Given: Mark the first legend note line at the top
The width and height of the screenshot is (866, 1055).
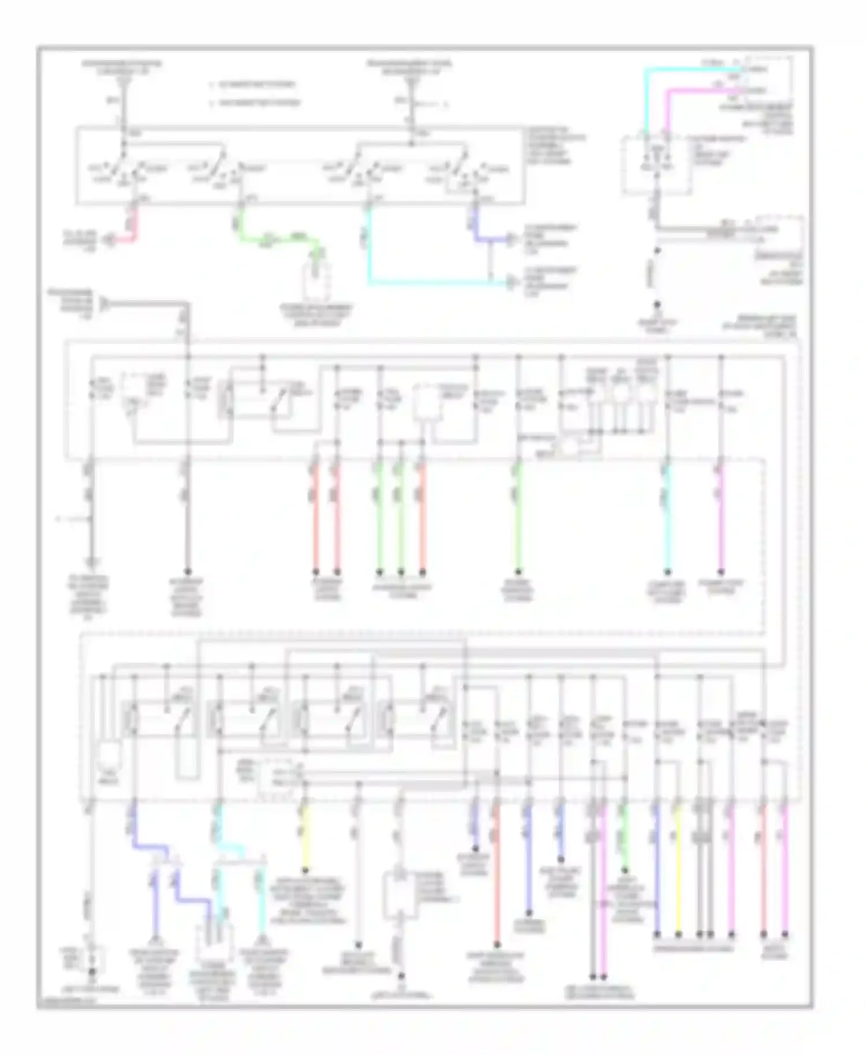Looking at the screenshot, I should pos(254,84).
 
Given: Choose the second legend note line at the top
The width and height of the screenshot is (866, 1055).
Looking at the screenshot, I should pos(257,103).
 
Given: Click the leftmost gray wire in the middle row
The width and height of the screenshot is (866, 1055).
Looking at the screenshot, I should pos(91,519).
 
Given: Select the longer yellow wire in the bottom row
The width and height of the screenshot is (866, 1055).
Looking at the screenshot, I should pos(678,866).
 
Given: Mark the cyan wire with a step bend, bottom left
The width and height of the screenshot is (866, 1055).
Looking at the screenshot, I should pos(231,848).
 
